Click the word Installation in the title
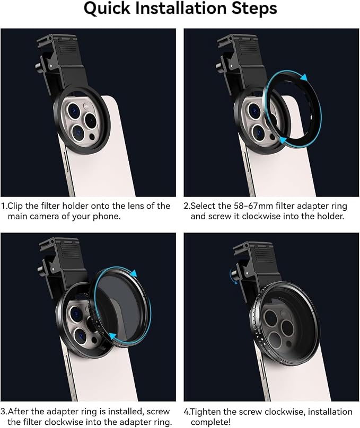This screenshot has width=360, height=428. (x=182, y=8)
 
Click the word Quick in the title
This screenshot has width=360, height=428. (x=107, y=8)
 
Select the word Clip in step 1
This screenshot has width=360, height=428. (x=15, y=206)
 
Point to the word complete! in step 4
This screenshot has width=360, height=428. (x=210, y=422)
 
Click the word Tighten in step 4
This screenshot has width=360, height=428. (x=205, y=412)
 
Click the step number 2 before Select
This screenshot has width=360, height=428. (x=186, y=206)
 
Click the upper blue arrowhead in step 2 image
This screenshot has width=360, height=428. (x=304, y=77)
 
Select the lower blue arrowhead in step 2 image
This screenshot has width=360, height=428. (x=283, y=140)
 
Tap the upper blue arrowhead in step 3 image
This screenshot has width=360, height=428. (x=134, y=273)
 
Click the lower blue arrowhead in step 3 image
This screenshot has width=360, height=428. (x=112, y=336)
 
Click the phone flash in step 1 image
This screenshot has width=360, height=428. (x=86, y=106)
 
